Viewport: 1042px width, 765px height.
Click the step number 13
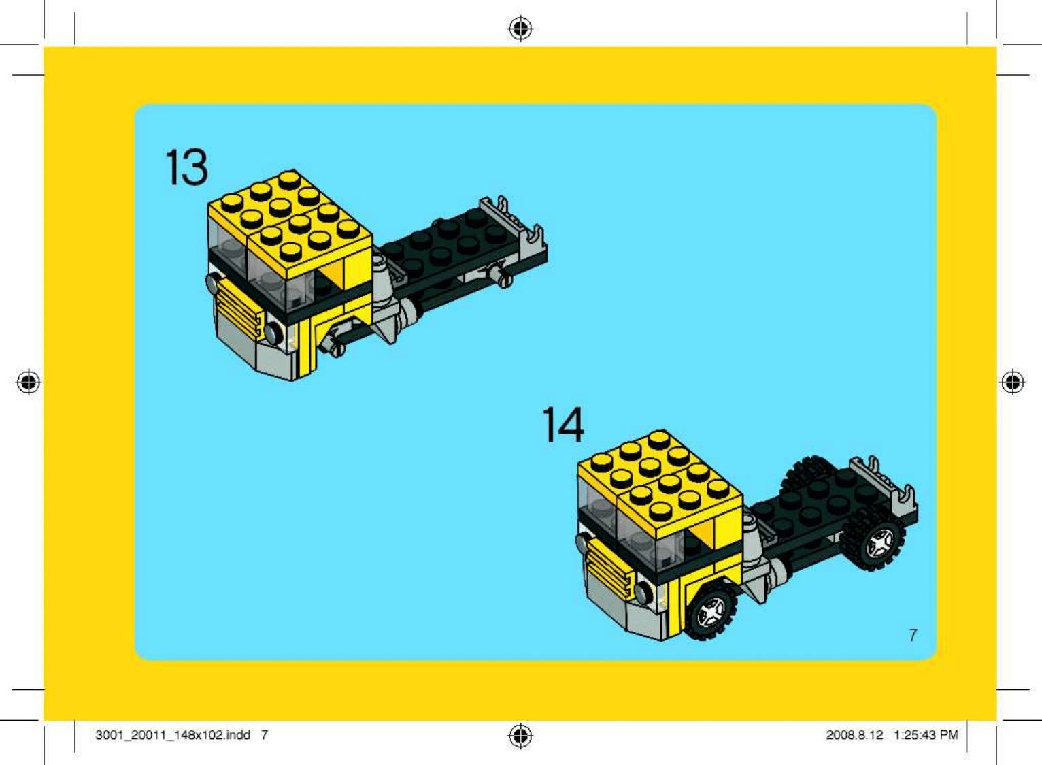[186, 167]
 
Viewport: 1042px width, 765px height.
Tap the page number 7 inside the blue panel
[913, 635]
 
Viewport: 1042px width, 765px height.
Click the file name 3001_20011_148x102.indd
[173, 735]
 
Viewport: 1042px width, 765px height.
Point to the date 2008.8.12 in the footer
[854, 735]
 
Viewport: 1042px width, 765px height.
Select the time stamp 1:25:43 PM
[926, 735]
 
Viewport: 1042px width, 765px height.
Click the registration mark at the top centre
[520, 29]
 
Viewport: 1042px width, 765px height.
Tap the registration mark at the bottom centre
[520, 736]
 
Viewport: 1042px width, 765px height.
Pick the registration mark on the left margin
[29, 382]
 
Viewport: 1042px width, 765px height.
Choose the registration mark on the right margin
[1012, 382]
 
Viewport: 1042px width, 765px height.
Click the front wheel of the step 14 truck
[711, 611]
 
